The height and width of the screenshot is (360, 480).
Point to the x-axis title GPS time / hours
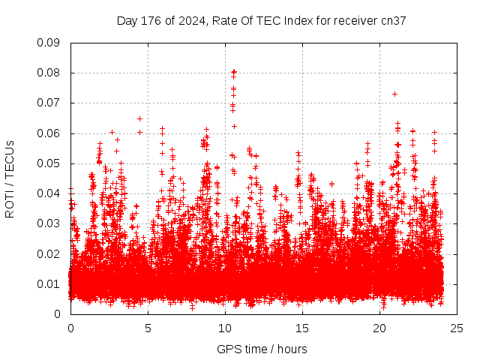click(x=262, y=349)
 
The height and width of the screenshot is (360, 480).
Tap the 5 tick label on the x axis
click(x=148, y=328)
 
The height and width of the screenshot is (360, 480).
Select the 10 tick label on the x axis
click(x=225, y=328)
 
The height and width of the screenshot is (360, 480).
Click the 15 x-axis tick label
click(x=302, y=328)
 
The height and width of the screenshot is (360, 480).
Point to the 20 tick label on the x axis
click(x=379, y=328)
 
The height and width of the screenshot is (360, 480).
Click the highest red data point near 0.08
click(x=234, y=71)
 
